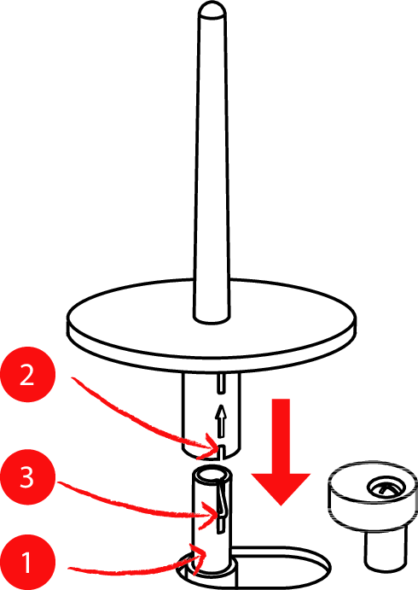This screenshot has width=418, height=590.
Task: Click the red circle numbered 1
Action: (x=27, y=563)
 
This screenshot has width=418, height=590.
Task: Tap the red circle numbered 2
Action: (x=27, y=374)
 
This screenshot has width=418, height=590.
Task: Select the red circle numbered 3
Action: (x=27, y=477)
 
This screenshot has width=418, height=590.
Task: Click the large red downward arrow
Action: (x=281, y=452)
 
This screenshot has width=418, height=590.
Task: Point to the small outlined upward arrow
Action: (x=222, y=421)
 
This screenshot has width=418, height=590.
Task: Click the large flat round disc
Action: (x=212, y=325)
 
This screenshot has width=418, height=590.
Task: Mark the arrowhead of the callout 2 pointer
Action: (x=212, y=446)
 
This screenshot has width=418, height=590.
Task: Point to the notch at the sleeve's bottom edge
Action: (x=222, y=452)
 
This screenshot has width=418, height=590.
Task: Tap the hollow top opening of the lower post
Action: (x=212, y=476)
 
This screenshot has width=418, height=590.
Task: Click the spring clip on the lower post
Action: (x=223, y=497)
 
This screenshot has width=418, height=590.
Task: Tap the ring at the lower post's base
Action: (x=212, y=569)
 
